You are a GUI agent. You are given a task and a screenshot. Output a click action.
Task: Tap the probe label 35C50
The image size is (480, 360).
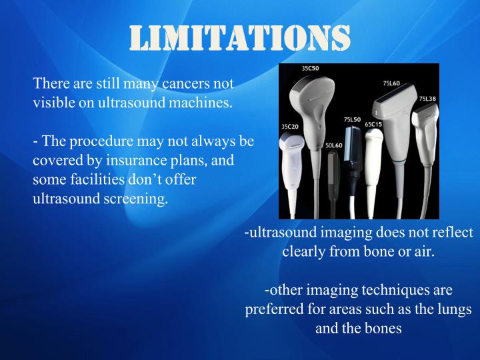(x=310, y=68)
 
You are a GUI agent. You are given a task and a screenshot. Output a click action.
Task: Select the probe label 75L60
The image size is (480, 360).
(x=391, y=83)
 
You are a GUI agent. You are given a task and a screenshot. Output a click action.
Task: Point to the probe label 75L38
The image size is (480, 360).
(x=427, y=98)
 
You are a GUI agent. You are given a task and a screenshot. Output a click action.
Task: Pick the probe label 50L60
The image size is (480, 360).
(x=333, y=145)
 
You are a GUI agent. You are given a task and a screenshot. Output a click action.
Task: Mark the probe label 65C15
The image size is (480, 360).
(x=373, y=124)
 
